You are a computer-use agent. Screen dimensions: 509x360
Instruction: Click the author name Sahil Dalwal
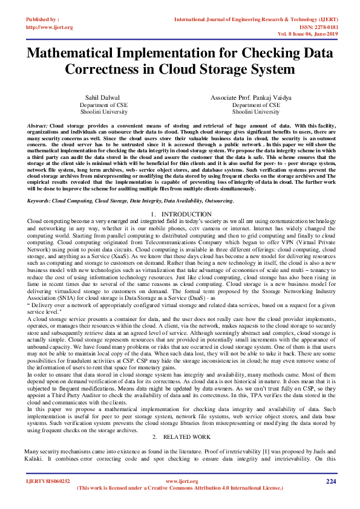[103, 97]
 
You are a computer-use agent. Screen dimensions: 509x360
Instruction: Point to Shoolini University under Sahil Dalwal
[103, 112]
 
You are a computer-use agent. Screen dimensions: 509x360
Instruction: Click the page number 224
[330, 481]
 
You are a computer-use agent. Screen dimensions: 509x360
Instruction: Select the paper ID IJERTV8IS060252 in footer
[48, 481]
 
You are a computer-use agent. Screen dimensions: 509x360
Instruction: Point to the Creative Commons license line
[180, 487]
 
